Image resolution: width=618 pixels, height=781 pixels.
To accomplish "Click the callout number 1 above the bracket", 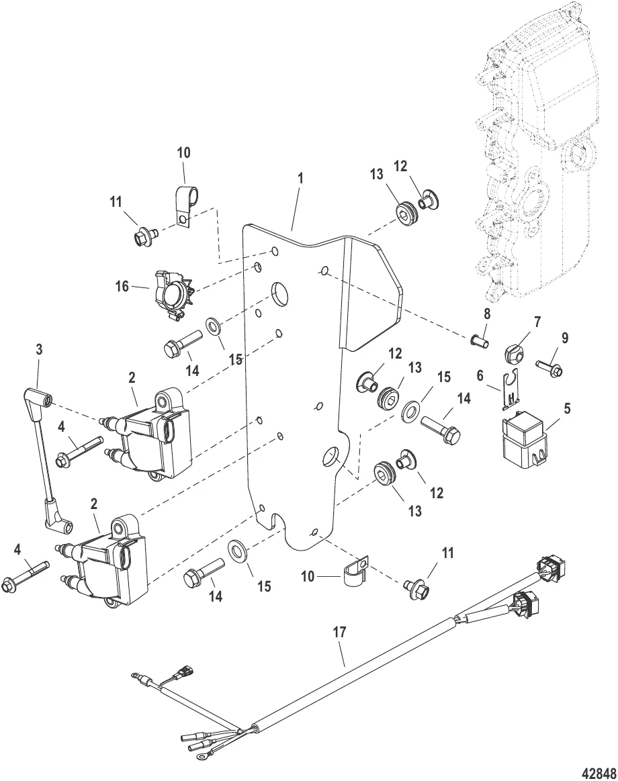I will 301,179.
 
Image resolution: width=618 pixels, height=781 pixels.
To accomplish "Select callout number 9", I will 565,338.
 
